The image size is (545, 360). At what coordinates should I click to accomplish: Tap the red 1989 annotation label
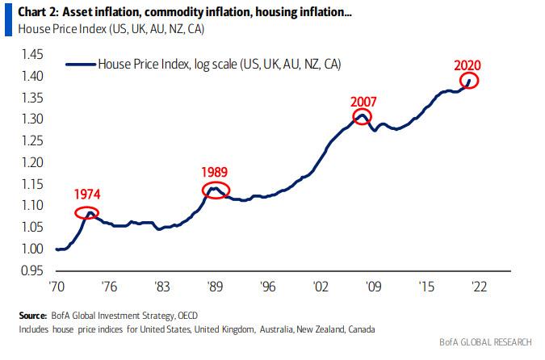point(215,172)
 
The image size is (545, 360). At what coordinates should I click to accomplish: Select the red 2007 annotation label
point(364,102)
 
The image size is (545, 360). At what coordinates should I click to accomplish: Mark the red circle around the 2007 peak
point(363,118)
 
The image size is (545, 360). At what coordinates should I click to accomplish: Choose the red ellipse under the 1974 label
point(88,213)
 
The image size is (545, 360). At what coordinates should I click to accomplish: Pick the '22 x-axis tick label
point(479,287)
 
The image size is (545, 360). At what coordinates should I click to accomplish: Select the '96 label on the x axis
point(268,287)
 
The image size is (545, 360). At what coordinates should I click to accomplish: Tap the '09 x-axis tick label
point(373,287)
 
